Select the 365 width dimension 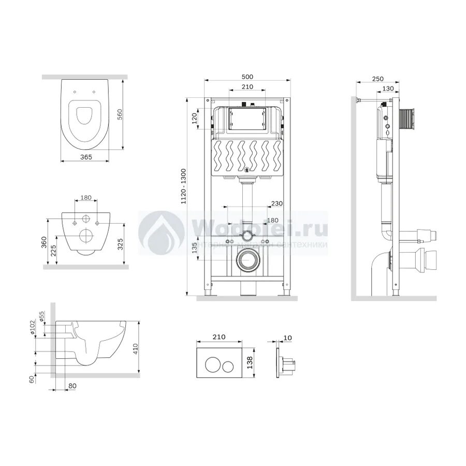coord(85,156)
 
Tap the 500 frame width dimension coord(247,76)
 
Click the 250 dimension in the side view coord(377,79)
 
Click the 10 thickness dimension coord(288,338)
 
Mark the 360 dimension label coord(45,243)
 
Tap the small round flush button coord(227,366)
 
